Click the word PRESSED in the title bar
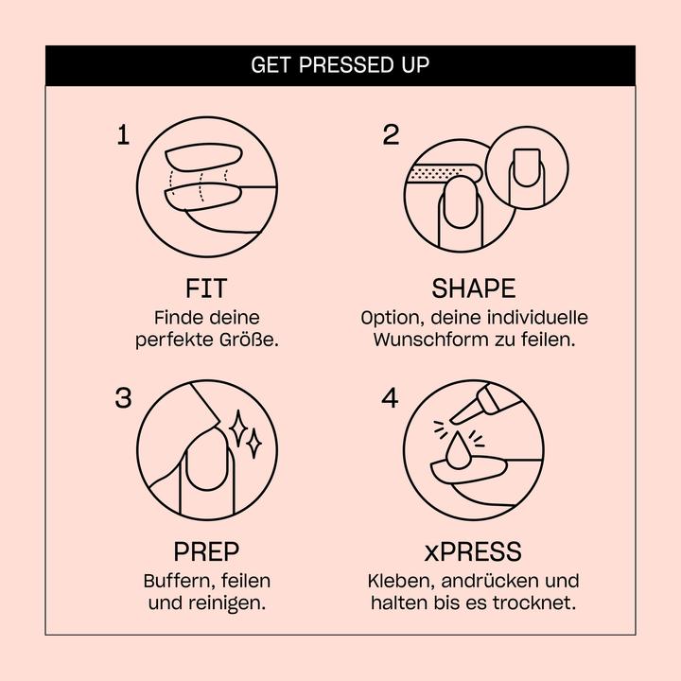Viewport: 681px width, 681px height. click(344, 64)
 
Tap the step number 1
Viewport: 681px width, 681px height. click(123, 134)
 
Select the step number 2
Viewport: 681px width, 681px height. click(391, 134)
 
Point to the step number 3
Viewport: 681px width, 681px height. click(123, 397)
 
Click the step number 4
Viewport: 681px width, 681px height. click(390, 397)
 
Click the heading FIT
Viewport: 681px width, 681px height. click(206, 288)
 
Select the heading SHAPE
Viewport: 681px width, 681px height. click(474, 288)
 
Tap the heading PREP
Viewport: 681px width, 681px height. click(206, 551)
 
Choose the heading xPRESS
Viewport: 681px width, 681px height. click(473, 551)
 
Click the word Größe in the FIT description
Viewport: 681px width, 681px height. click(249, 340)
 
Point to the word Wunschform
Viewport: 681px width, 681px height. click(431, 340)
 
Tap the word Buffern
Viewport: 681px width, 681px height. click(180, 581)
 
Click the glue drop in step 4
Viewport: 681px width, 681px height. click(458, 452)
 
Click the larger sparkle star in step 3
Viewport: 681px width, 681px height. click(238, 428)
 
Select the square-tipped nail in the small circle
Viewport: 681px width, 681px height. click(527, 167)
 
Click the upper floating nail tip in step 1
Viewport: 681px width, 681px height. click(203, 157)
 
